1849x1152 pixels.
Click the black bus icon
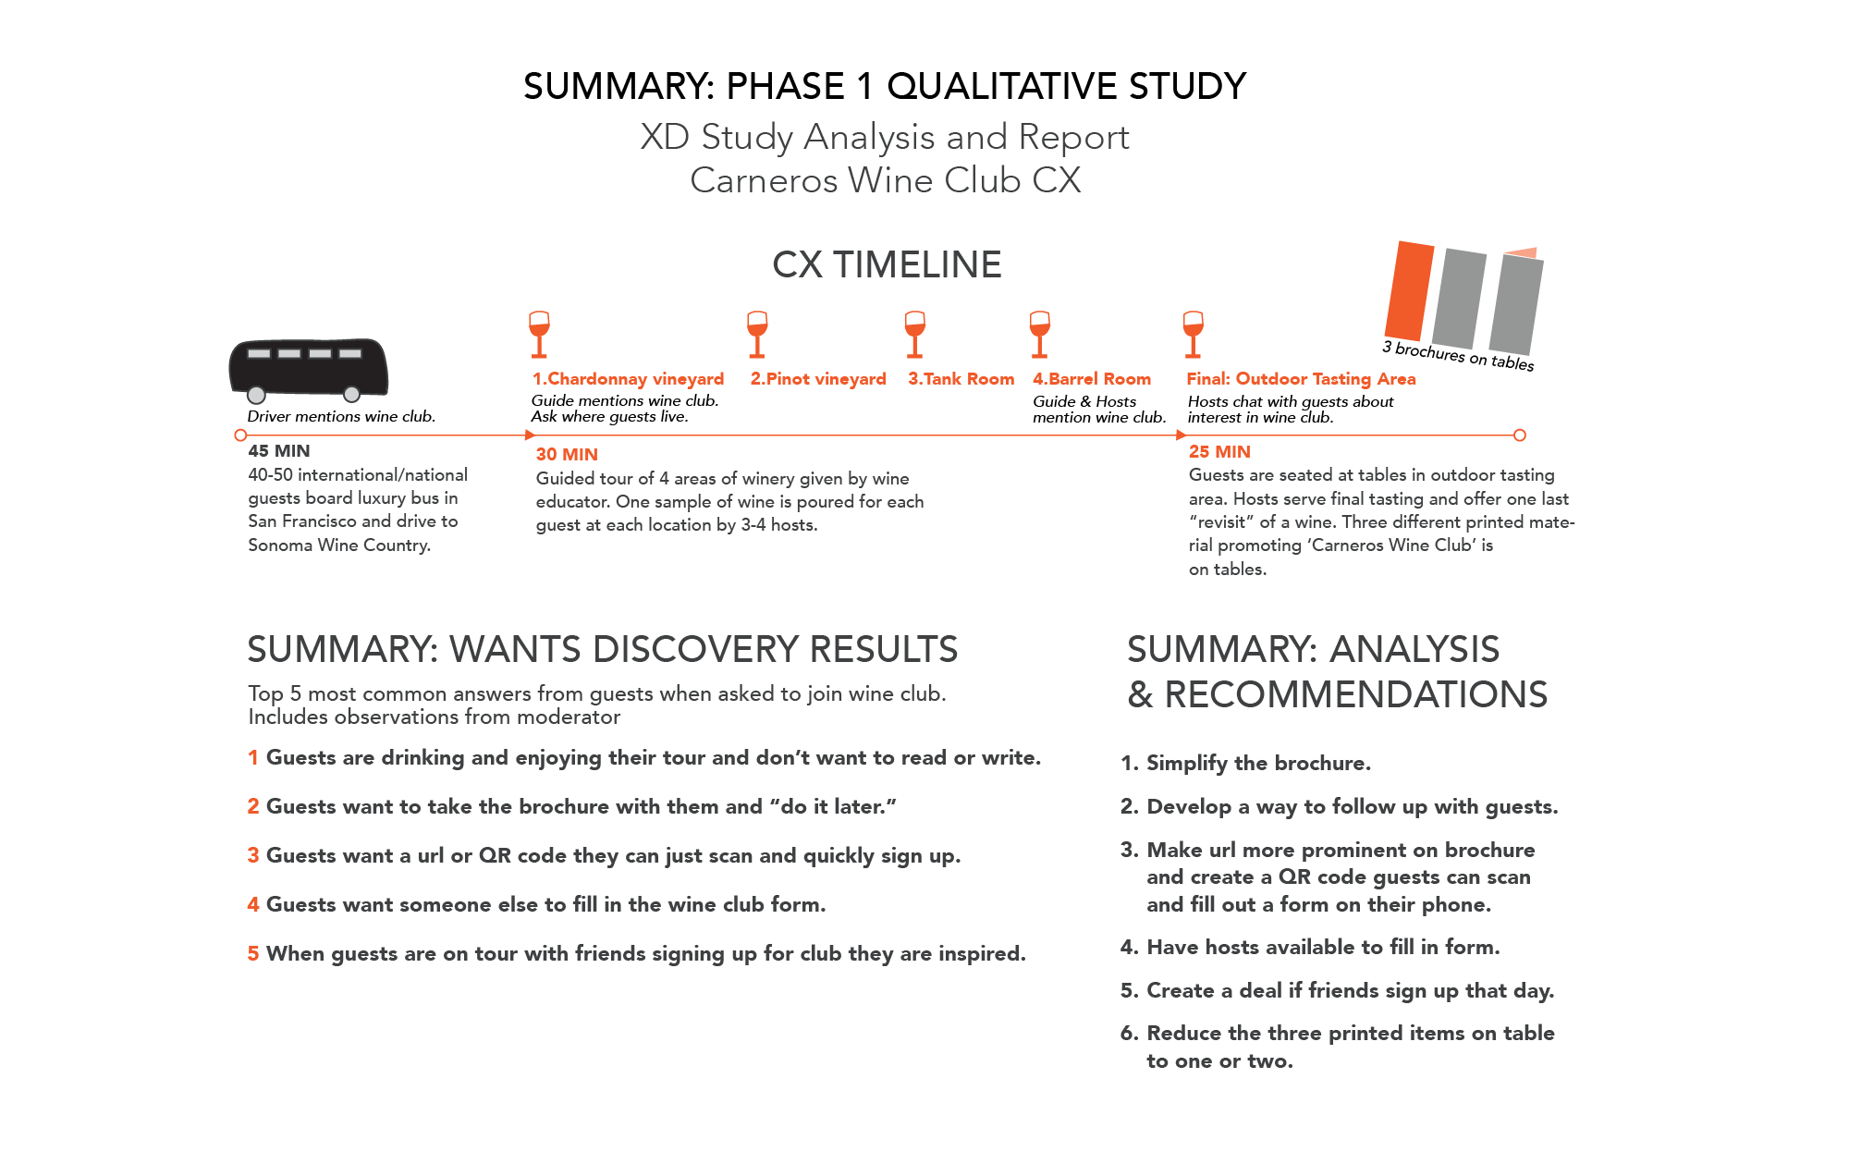308,369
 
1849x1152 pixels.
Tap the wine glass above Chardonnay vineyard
539,334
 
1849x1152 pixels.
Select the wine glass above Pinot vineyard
757,334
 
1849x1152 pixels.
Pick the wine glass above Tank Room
915,334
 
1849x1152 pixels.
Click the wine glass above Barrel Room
1039,334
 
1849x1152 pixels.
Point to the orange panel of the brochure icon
1408,291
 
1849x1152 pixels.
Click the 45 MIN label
279,451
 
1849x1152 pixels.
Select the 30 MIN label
567,454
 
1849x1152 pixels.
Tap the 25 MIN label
1219,451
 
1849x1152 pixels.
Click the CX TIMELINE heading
887,265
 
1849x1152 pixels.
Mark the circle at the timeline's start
240,435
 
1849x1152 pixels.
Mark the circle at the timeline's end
1520,435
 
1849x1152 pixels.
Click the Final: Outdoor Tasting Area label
1301,378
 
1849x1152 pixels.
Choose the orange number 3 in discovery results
253,855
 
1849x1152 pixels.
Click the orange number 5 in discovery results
253,953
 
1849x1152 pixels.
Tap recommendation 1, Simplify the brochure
1245,763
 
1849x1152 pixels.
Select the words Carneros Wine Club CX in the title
885,180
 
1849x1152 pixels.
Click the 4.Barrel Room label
1092,378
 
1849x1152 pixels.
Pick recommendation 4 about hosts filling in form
1310,947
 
